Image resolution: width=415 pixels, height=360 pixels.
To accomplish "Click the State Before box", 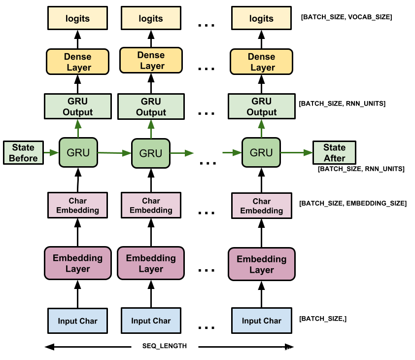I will [23, 153].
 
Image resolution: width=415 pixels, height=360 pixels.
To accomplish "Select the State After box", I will [334, 153].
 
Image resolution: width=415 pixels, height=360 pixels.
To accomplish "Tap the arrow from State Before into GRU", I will [51, 153].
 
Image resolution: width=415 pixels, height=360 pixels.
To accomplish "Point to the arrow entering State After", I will [297, 153].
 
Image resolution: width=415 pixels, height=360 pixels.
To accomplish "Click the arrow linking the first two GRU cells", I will [114, 153].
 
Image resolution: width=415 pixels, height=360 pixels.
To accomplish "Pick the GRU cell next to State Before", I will [78, 152].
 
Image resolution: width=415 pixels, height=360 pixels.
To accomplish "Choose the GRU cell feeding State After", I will [261, 152].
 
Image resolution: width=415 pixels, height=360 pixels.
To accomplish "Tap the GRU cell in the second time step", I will [150, 153].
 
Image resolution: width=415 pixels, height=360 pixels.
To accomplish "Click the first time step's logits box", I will [77, 18].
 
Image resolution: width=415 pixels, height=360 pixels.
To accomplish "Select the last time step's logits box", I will [261, 18].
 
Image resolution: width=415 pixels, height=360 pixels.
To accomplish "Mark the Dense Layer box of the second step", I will [151, 60].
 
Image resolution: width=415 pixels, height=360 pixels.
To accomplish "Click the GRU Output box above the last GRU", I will [261, 107].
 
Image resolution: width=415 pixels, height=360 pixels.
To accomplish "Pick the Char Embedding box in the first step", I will [77, 205].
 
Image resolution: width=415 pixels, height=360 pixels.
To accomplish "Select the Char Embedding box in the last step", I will [261, 206].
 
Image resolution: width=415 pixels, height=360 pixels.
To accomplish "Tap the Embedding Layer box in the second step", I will [150, 263].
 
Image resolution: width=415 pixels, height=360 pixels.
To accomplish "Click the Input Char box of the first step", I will [77, 321].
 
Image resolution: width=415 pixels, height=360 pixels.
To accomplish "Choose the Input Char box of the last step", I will [261, 321].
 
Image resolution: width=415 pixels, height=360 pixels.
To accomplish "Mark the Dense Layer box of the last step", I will [261, 62].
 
